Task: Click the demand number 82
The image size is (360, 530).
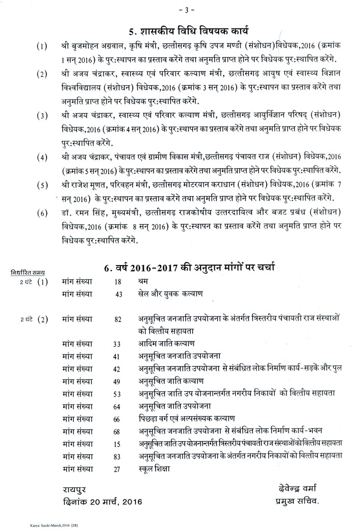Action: pyautogui.click(x=118, y=320)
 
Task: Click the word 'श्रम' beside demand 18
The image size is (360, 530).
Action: pyautogui.click(x=145, y=281)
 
